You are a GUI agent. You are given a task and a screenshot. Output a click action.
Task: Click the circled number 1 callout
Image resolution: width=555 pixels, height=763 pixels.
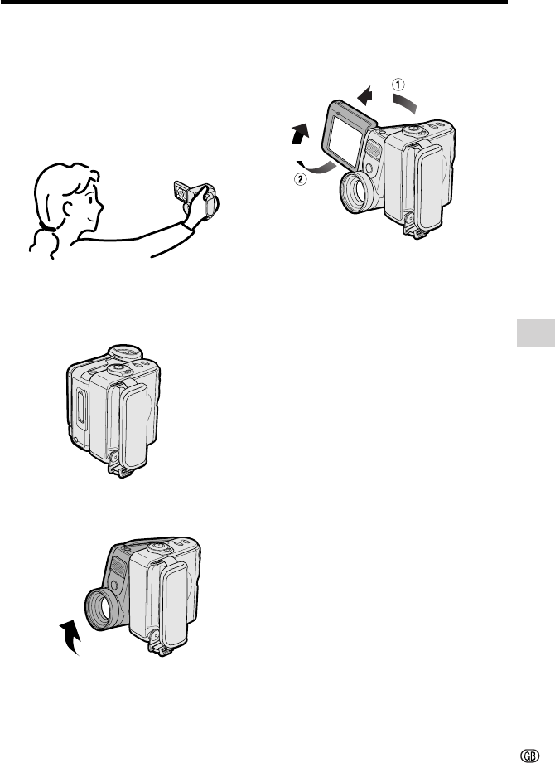pos(398,85)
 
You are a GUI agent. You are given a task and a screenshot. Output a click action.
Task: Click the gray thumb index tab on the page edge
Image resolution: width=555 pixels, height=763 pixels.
pos(536,333)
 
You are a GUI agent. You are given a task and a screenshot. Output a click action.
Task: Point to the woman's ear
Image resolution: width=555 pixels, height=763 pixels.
pos(69,208)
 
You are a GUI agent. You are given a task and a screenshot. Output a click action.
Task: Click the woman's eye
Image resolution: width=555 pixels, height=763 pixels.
pos(90,197)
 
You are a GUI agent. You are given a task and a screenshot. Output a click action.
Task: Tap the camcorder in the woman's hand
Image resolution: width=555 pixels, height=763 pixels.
pos(197,198)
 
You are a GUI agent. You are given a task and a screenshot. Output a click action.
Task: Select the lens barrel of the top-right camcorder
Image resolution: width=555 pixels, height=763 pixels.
pos(356,192)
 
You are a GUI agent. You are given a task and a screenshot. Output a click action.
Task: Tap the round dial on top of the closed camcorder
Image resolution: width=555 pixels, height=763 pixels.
pos(125,352)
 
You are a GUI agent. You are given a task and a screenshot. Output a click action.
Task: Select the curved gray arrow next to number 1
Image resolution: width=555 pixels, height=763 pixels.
pos(405,103)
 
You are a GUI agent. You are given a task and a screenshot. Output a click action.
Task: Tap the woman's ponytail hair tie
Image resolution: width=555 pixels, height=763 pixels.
pos(47,226)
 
